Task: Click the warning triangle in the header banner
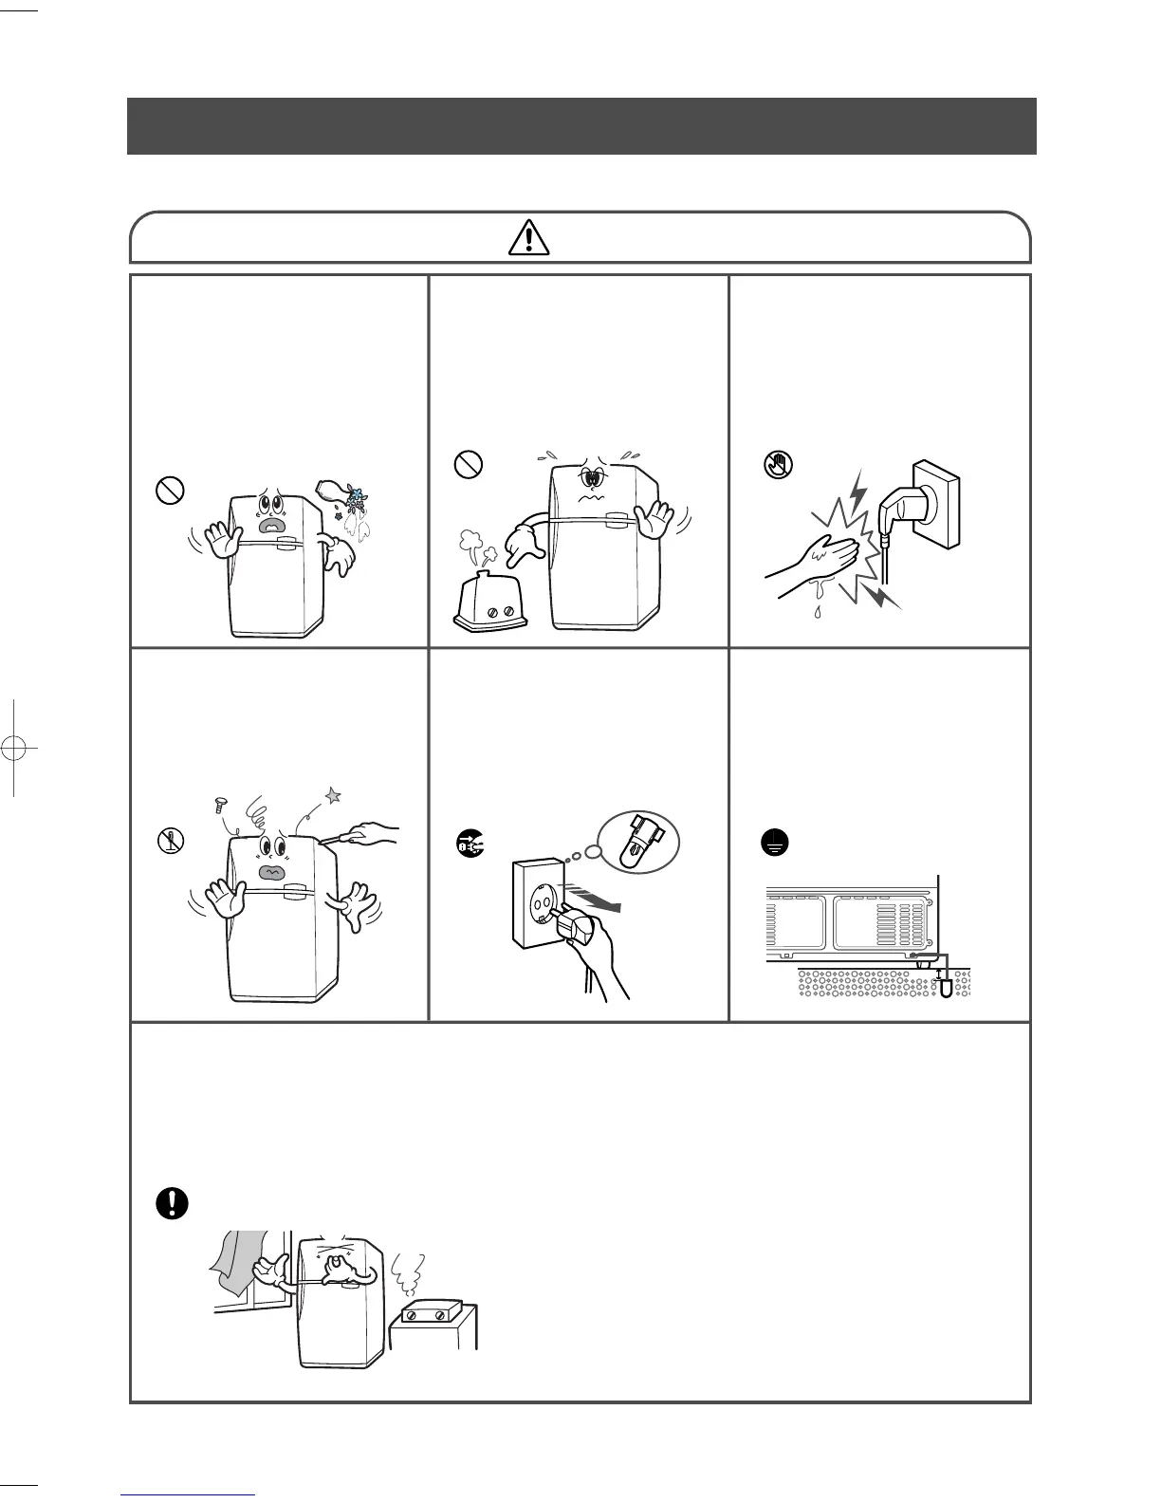click(x=528, y=236)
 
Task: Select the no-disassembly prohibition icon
click(x=170, y=840)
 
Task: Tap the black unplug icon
click(x=470, y=840)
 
